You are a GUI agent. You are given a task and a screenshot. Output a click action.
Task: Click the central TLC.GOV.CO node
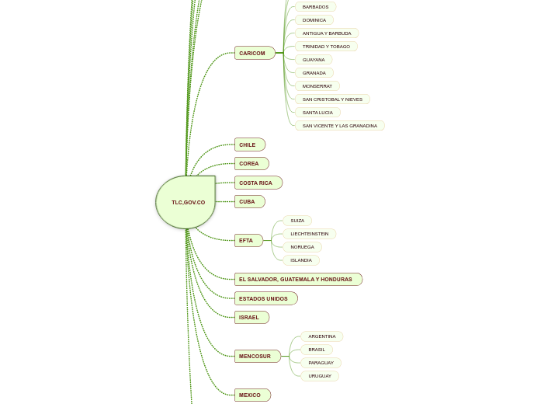[x=186, y=202]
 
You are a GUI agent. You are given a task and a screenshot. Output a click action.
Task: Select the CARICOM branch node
[x=254, y=53]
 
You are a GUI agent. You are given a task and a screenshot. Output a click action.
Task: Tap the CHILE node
[x=249, y=145]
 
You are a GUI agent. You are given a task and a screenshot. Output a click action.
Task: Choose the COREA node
[x=251, y=163]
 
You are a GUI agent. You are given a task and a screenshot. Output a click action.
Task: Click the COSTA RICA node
[x=258, y=183]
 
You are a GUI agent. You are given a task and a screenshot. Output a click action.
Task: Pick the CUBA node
[x=249, y=201]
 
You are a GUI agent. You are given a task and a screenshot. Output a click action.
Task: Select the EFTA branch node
[x=248, y=240]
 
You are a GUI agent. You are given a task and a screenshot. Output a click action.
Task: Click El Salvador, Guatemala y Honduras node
[x=297, y=279]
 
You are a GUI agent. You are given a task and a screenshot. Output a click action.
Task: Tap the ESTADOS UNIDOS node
[x=265, y=298]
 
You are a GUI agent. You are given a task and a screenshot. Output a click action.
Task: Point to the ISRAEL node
[x=251, y=317]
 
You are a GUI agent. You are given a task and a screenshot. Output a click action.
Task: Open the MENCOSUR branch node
[x=257, y=356]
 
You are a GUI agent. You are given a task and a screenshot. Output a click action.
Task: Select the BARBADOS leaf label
[x=315, y=7]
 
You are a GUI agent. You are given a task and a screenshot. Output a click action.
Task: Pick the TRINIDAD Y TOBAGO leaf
[x=326, y=47]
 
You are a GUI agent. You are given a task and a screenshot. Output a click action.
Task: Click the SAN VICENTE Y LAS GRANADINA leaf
[x=339, y=126]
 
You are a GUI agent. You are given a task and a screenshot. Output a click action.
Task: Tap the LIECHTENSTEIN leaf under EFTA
[x=309, y=234]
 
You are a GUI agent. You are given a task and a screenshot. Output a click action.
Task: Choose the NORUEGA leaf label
[x=302, y=247]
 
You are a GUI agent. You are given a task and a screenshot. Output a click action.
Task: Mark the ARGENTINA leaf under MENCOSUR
[x=321, y=336]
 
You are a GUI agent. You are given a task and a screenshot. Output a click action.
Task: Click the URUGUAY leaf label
[x=319, y=376]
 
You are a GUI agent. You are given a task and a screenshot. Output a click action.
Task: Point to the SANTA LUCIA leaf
[x=317, y=113]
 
